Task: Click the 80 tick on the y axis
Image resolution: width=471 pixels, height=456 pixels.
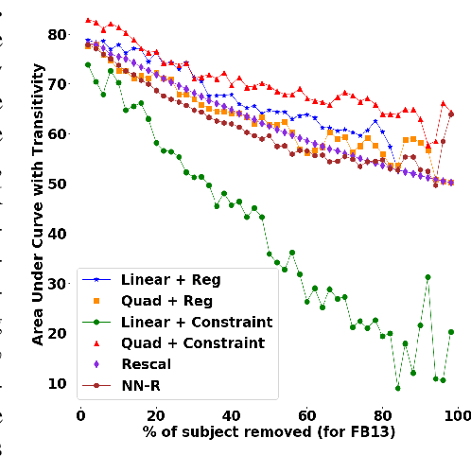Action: point(60,35)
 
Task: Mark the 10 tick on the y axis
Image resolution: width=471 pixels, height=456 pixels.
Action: point(60,383)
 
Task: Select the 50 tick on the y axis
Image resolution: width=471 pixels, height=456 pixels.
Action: point(60,184)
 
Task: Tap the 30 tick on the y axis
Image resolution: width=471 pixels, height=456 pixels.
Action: point(60,284)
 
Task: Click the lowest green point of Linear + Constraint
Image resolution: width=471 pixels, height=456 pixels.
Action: point(397,388)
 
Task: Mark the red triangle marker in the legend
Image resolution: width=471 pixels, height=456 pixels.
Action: point(100,342)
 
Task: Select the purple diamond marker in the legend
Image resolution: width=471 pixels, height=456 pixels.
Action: point(100,364)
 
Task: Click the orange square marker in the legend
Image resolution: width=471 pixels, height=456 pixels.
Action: point(100,301)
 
